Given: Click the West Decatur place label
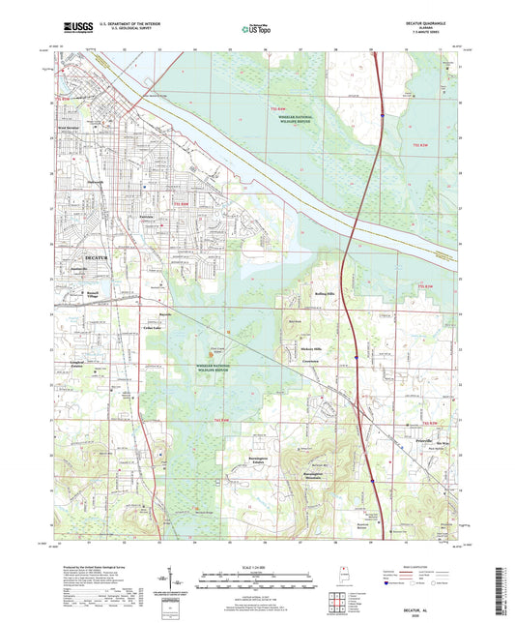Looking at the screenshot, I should (x=73, y=129).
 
